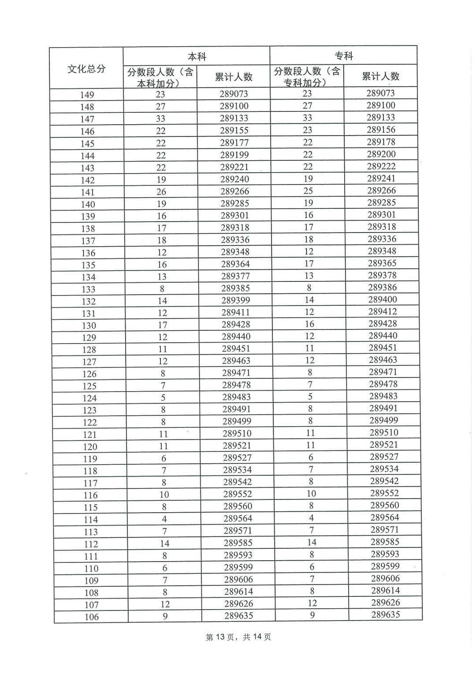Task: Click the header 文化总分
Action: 86,69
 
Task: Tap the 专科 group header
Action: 344,56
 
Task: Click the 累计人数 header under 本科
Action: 234,77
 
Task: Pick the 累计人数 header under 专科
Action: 381,76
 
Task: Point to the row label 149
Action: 87,95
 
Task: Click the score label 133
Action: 89,289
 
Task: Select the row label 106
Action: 92,617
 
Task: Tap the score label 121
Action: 89,435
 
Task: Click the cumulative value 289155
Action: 234,130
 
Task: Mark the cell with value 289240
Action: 235,179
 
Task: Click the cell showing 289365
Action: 382,263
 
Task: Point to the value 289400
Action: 383,300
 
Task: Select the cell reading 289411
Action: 236,312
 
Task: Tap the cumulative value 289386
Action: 383,287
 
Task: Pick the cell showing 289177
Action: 234,143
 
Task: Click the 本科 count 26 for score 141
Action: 161,192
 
